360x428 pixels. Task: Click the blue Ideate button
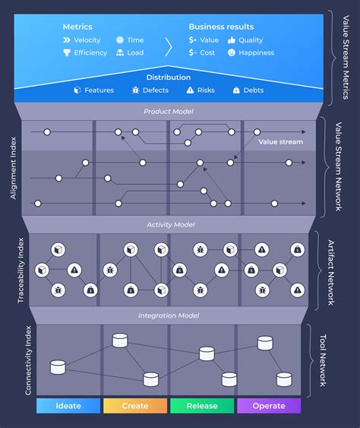pyautogui.click(x=68, y=406)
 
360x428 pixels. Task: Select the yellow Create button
pyautogui.click(x=135, y=406)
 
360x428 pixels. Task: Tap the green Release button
pyautogui.click(x=202, y=406)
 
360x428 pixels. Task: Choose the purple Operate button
pyautogui.click(x=269, y=406)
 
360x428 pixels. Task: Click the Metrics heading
pyautogui.click(x=77, y=27)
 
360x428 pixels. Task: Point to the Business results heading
pyautogui.click(x=222, y=27)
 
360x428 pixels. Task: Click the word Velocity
pyautogui.click(x=87, y=40)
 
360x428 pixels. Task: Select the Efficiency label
pyautogui.click(x=90, y=53)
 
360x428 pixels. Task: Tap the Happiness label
pyautogui.click(x=257, y=53)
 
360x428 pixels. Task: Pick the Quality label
pyautogui.click(x=251, y=40)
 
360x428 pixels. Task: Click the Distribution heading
pyautogui.click(x=169, y=77)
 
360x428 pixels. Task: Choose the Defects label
pyautogui.click(x=156, y=90)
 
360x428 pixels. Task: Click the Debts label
pyautogui.click(x=254, y=90)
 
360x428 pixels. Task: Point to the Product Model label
pyautogui.click(x=169, y=112)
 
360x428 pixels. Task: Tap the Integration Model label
pyautogui.click(x=169, y=315)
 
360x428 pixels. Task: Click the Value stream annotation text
pyautogui.click(x=280, y=142)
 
